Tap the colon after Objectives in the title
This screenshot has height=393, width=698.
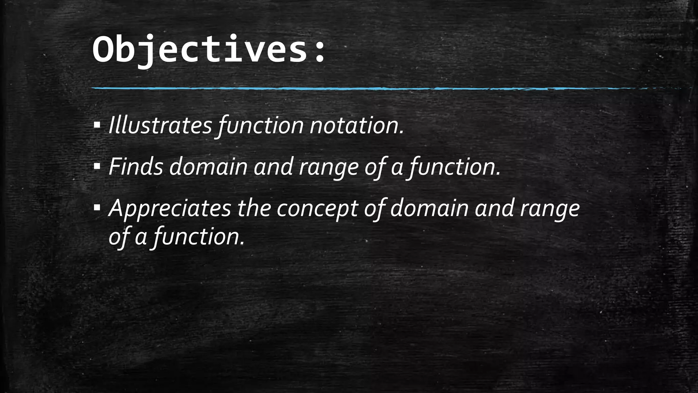click(319, 52)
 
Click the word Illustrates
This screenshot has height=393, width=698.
click(160, 126)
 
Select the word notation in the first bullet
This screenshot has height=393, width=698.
click(356, 126)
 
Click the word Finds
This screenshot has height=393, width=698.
click(136, 167)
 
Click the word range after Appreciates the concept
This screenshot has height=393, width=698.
click(549, 209)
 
